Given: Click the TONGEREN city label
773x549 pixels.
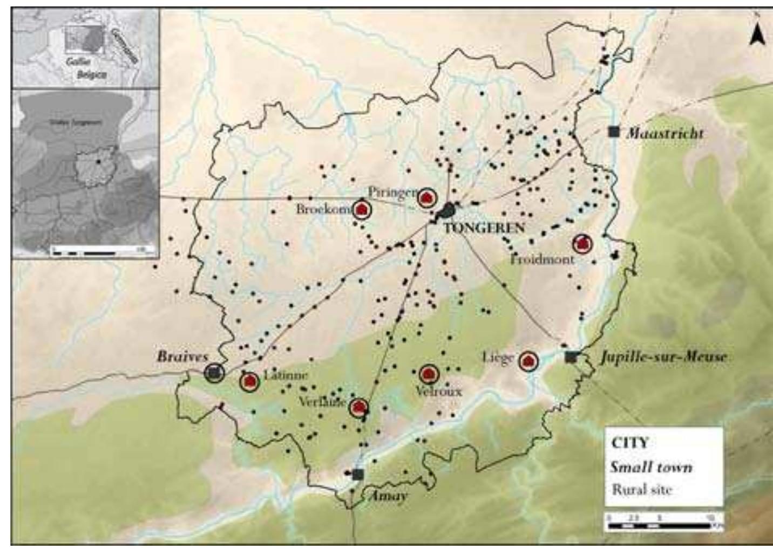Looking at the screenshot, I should pyautogui.click(x=484, y=228).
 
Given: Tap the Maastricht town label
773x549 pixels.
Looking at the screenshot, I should pyautogui.click(x=664, y=133).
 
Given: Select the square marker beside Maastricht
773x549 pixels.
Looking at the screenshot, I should pyautogui.click(x=613, y=131).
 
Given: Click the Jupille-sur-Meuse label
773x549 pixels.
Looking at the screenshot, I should pyautogui.click(x=663, y=356).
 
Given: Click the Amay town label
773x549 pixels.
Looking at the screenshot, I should pyautogui.click(x=387, y=496).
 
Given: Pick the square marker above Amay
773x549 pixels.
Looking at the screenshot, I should pyautogui.click(x=357, y=474).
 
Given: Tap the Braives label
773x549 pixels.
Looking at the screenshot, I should pyautogui.click(x=182, y=356).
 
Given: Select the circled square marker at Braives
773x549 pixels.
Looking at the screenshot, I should pyautogui.click(x=215, y=372).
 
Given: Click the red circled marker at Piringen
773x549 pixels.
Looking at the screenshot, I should pyautogui.click(x=427, y=198).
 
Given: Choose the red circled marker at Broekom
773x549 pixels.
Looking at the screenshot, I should pyautogui.click(x=362, y=209).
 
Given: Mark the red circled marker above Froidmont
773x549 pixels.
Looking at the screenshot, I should pyautogui.click(x=582, y=244).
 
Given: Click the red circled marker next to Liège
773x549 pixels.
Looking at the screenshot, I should pyautogui.click(x=528, y=361).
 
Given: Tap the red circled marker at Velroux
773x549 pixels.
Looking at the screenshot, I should pyautogui.click(x=429, y=374).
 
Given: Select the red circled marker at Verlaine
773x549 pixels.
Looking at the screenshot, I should pyautogui.click(x=359, y=408).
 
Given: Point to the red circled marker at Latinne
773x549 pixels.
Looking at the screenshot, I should pyautogui.click(x=249, y=381).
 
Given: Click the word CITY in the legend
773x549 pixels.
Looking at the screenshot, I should pyautogui.click(x=629, y=443).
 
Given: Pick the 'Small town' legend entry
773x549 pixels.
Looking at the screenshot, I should pyautogui.click(x=651, y=466).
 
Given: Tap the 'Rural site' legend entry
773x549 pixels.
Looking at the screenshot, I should pyautogui.click(x=642, y=489).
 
